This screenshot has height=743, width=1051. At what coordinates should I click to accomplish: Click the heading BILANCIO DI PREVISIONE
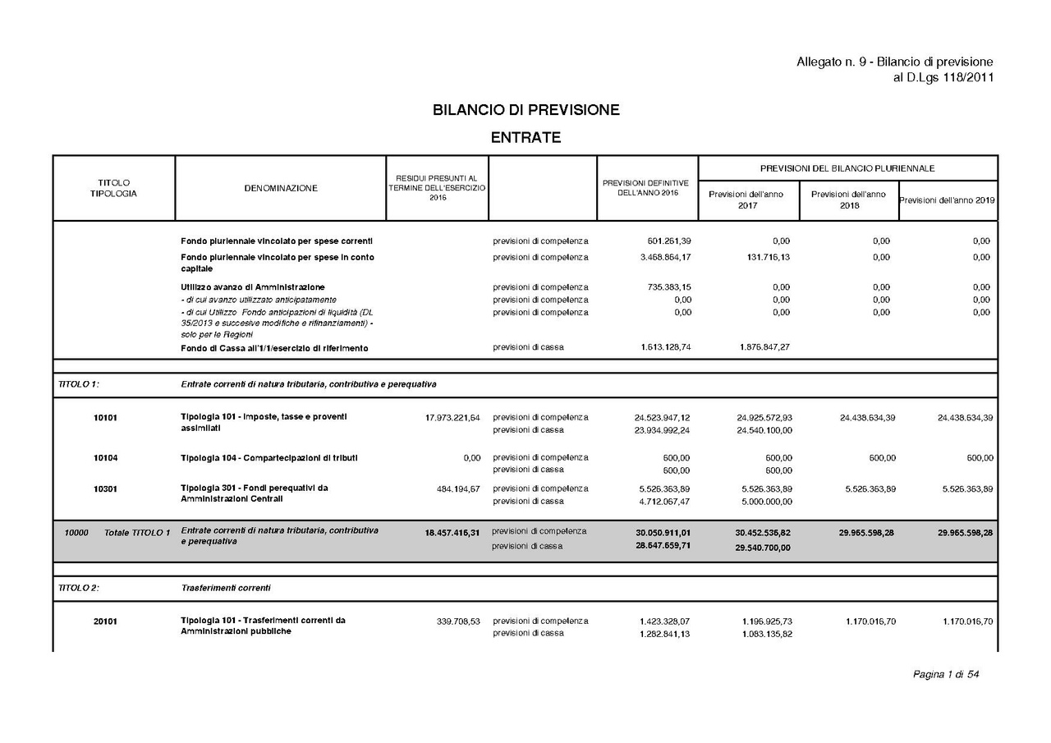pos(525,110)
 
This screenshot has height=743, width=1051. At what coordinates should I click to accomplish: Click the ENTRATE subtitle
pos(525,137)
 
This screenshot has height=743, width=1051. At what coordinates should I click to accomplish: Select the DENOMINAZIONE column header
pos(281,188)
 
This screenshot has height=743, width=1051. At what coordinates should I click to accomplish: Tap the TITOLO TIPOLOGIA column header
pos(113,188)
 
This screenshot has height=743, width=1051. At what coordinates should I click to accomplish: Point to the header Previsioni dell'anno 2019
pos(948,200)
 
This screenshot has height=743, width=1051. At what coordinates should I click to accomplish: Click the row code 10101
pos(105,418)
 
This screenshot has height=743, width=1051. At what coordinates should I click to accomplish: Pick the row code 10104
pos(105,458)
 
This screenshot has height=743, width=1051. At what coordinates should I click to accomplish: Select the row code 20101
pos(105,621)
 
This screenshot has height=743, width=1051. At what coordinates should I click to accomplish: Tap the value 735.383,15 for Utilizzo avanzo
pos(665,287)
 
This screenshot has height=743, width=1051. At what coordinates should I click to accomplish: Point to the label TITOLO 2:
pos(79,588)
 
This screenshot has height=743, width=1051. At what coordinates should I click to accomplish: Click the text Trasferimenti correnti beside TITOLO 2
pos(226,588)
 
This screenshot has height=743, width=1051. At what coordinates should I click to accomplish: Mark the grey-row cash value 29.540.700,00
pos(763,548)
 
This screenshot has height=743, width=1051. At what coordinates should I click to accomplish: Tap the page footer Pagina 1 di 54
pos(946,675)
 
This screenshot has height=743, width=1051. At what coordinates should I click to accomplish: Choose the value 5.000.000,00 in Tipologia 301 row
pos(766,501)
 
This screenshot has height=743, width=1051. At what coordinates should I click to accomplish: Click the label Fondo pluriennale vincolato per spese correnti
pos(277,241)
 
